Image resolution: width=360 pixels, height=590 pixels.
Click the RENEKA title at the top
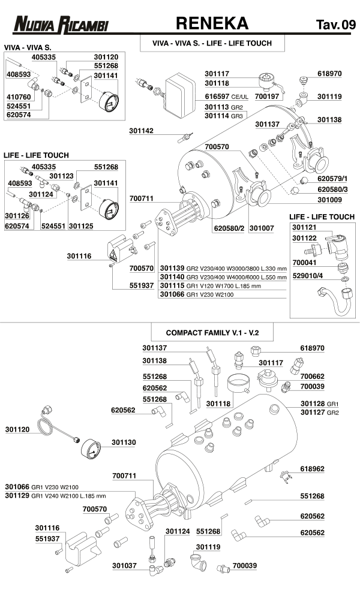pos(212,23)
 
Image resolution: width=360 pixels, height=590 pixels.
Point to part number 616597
pos(217,96)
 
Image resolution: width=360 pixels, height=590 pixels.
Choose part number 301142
pos(142,130)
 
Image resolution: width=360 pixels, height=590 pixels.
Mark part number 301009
pos(330,200)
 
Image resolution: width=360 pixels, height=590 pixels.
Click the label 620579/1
pos(333,179)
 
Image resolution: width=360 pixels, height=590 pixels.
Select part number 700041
pos(305,263)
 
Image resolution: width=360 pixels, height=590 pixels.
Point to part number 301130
pos(124,442)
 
